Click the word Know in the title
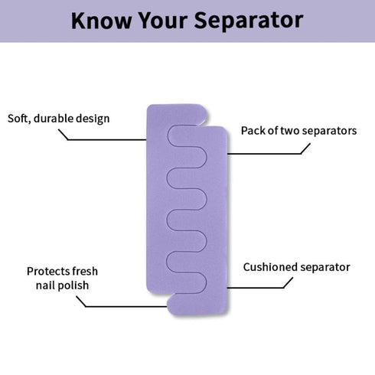pyautogui.click(x=102, y=21)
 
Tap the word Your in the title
pyautogui.click(x=163, y=21)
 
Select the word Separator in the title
pyautogui.click(x=249, y=21)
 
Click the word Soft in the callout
pyautogui.click(x=19, y=119)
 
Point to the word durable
pyautogui.click(x=54, y=119)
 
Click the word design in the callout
pyautogui.click(x=93, y=119)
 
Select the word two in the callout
pyautogui.click(x=290, y=131)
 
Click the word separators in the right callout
pyautogui.click(x=329, y=131)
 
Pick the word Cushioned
pyautogui.click(x=270, y=267)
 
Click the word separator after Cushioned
pyautogui.click(x=325, y=268)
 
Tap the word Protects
pyautogui.click(x=48, y=271)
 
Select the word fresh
pyautogui.click(x=85, y=271)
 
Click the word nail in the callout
pyautogui.click(x=44, y=285)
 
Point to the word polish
pyautogui.click(x=72, y=285)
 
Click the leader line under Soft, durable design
pyautogui.click(x=102, y=139)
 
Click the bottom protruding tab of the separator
pyautogui.click(x=197, y=304)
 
